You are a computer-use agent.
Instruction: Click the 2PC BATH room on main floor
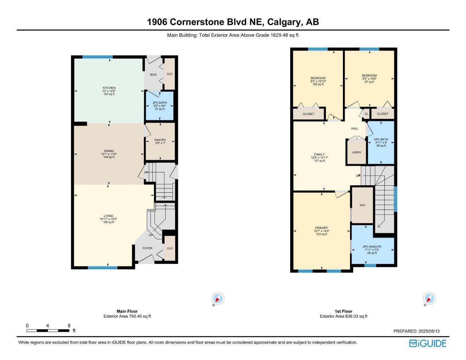tap(160, 105)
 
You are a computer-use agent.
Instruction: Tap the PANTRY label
tap(160, 140)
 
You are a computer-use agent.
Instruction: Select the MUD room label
tap(153, 75)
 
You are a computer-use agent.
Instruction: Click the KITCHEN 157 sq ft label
tap(109, 94)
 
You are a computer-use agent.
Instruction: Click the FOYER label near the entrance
tap(147, 248)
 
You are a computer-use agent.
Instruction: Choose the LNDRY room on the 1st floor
tap(356, 152)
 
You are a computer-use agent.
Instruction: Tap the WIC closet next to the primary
tap(362, 205)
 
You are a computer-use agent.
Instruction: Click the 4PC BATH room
tap(381, 142)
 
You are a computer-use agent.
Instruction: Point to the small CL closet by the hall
tap(366, 114)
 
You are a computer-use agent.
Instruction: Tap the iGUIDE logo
tap(428, 343)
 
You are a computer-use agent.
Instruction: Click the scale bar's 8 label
tap(69, 326)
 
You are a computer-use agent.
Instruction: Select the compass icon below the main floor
tap(218, 299)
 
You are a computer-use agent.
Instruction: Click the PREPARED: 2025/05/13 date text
tap(416, 331)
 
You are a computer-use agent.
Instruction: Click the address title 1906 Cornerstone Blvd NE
tap(233, 22)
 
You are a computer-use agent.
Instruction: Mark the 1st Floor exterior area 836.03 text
tap(343, 316)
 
